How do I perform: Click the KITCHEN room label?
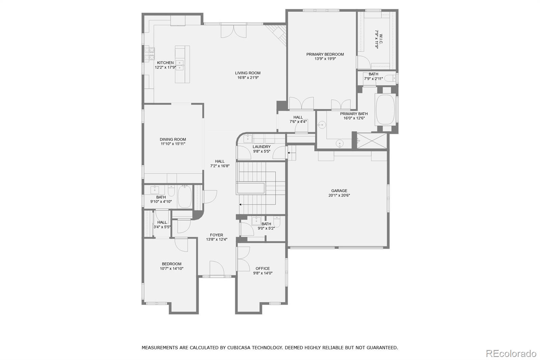[x=165, y=63]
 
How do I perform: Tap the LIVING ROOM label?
[x=248, y=73]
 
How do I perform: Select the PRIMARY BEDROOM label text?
[x=325, y=54]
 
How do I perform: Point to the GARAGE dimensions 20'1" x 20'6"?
[x=339, y=195]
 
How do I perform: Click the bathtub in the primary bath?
[x=385, y=109]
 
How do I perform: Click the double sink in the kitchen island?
[x=180, y=65]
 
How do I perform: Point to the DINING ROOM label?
[x=173, y=139]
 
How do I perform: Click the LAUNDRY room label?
[x=262, y=147]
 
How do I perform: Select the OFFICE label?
[x=263, y=268]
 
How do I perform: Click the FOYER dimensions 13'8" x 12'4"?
[x=216, y=239]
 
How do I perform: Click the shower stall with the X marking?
[x=372, y=141]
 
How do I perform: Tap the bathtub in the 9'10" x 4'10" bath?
[x=185, y=197]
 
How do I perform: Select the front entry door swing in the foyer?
[x=217, y=268]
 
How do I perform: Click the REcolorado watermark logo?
[x=511, y=354]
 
